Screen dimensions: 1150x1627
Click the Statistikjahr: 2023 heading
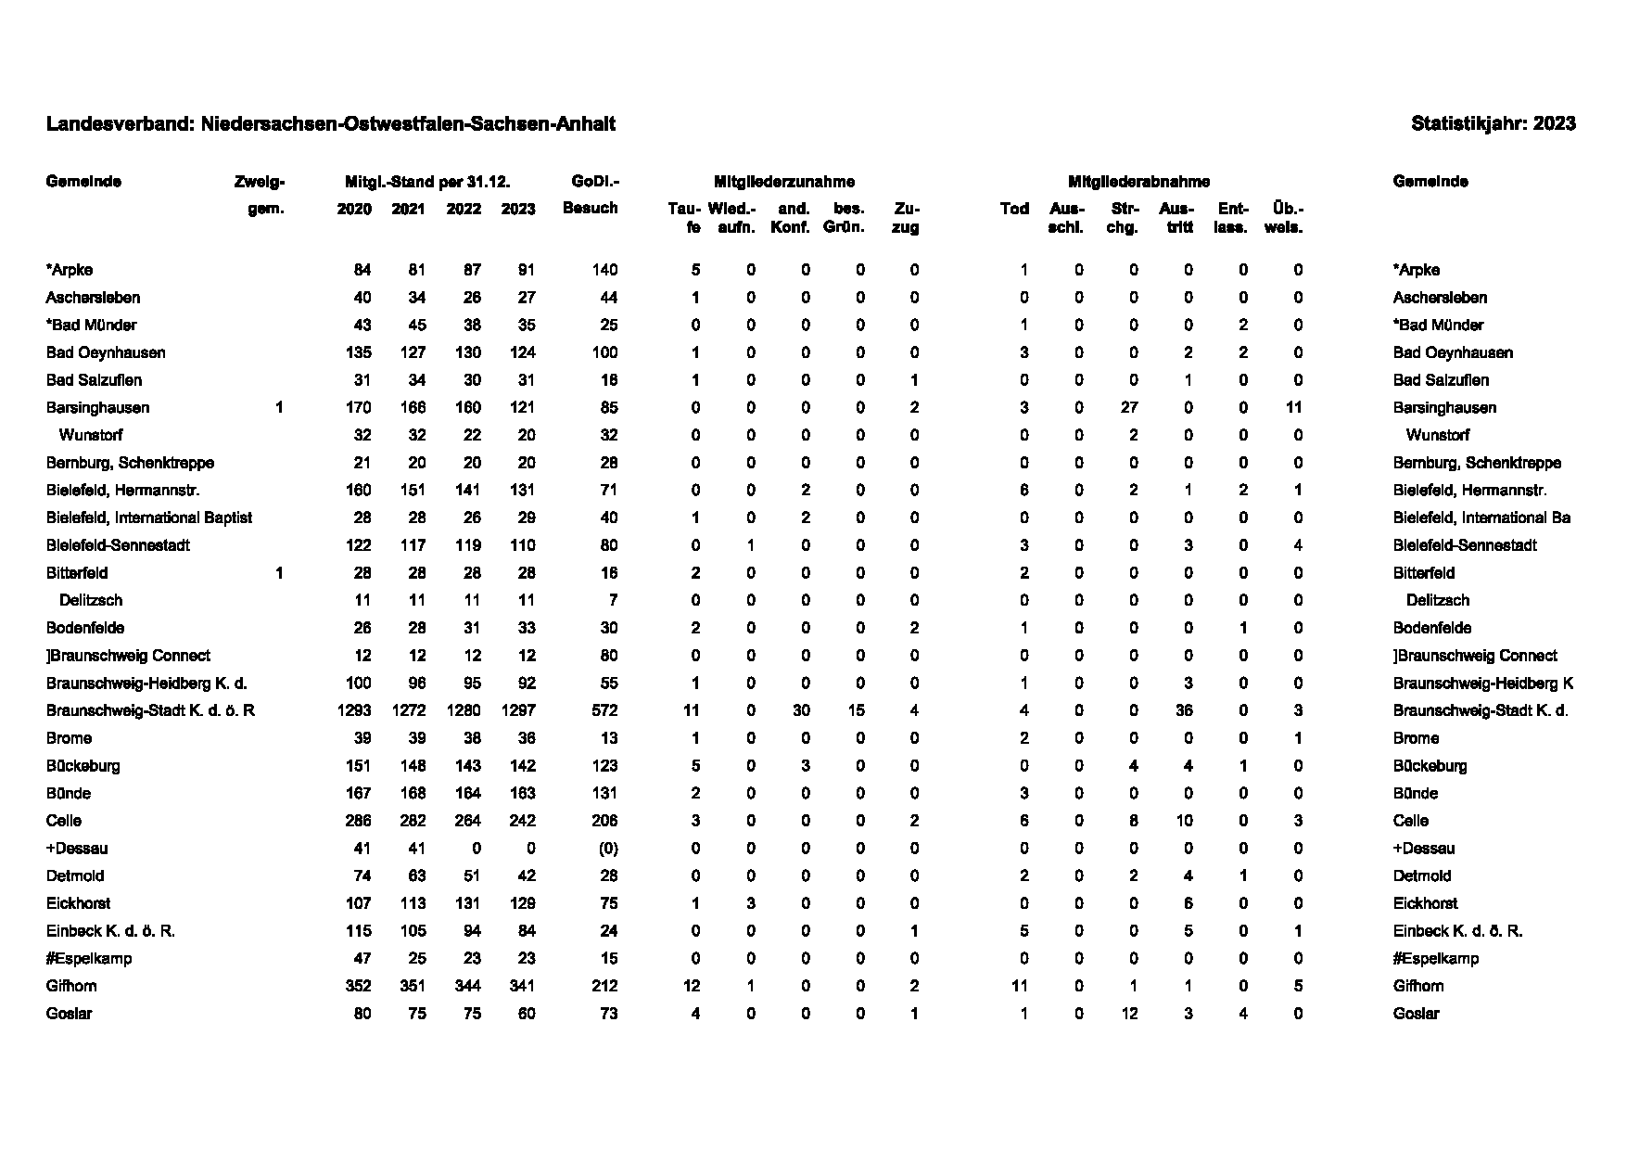pos(1493,124)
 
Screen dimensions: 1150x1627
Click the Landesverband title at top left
pos(330,124)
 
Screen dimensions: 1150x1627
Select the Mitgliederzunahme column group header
pos(783,182)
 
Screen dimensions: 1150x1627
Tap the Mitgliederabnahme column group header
pos(1138,182)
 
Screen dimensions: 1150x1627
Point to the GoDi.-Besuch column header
pos(591,195)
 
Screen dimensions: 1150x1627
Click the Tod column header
pos(1014,209)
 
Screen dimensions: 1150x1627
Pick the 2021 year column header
pos(408,209)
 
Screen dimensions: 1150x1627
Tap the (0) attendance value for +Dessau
pos(607,849)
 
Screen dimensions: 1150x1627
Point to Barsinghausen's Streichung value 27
pos(1128,408)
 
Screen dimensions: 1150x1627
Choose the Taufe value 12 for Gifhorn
pos(691,987)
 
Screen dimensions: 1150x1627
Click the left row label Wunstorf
pos(91,436)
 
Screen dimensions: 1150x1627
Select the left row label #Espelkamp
pos(89,959)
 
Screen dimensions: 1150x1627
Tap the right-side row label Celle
pos(1410,822)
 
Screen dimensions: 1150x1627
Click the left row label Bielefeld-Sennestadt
pos(118,545)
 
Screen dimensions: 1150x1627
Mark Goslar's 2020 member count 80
pos(362,1014)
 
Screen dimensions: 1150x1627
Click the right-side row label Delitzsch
pos(1437,601)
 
